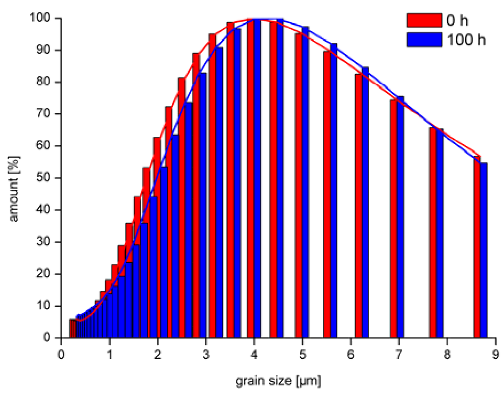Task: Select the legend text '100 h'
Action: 466,40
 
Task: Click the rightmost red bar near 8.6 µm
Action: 477,248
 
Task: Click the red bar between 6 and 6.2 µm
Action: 359,206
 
